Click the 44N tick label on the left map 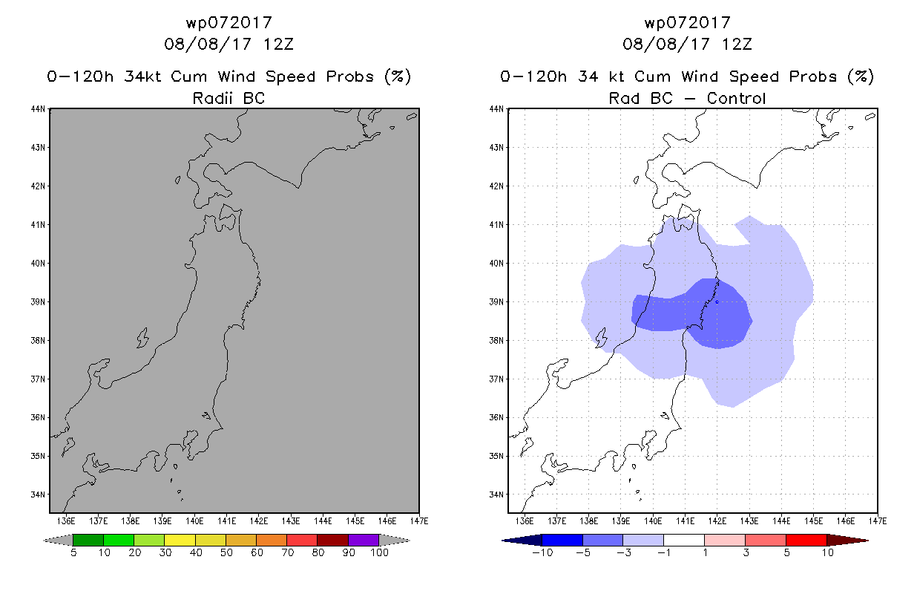point(38,109)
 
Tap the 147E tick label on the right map point(878,521)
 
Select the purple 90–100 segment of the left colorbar point(364,540)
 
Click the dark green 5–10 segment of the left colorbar point(88,540)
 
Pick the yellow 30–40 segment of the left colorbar point(180,540)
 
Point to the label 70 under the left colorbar point(287,552)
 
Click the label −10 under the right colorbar point(542,552)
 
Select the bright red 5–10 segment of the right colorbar point(806,540)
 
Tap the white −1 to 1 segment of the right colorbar point(684,540)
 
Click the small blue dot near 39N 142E point(717,302)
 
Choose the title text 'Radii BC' point(229,98)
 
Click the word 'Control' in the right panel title point(736,98)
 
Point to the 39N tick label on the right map point(496,302)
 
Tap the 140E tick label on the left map point(194,521)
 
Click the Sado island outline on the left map point(143,338)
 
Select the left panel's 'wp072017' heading point(229,22)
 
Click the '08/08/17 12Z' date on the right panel point(687,44)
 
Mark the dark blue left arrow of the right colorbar point(522,541)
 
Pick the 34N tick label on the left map point(38,495)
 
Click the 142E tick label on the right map point(717,521)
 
